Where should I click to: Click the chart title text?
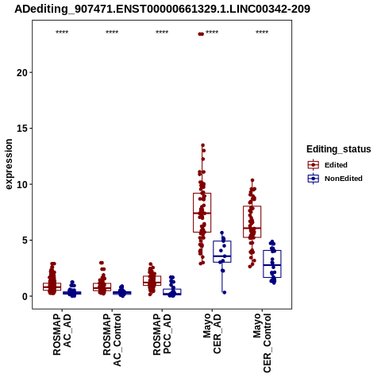tap(162, 10)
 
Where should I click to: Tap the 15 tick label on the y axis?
tap(22, 129)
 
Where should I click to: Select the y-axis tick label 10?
tap(22, 184)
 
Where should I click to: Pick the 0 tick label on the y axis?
tap(25, 296)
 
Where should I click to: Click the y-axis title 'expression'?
tap(9, 164)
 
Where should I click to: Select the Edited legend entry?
tap(328, 165)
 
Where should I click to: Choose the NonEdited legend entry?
tap(335, 179)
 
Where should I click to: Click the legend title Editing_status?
tap(339, 149)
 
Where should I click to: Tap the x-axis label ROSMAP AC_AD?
tap(62, 334)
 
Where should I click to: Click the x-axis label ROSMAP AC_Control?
tap(112, 340)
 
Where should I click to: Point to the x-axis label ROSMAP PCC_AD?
tap(162, 334)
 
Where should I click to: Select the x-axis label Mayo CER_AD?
tap(212, 333)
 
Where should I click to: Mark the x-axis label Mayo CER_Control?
tap(262, 343)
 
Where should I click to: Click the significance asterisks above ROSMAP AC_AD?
tap(62, 33)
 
